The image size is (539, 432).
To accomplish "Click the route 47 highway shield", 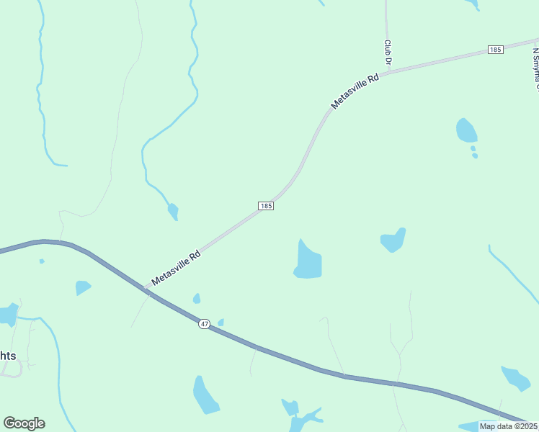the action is (205, 324).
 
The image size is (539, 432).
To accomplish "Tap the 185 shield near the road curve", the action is (265, 205).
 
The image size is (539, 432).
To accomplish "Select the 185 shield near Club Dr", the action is (494, 49).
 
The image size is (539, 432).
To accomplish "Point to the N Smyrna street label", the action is (535, 68).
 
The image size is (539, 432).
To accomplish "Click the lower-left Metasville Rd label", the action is (176, 268).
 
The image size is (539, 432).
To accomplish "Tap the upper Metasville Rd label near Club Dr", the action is (355, 91).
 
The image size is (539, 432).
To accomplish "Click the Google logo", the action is (24, 423).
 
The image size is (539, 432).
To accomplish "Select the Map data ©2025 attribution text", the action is (508, 426).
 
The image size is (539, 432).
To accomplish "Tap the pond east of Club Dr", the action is (466, 130).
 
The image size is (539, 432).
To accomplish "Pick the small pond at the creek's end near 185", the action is (173, 212).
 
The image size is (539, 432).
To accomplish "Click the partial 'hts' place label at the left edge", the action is (8, 355).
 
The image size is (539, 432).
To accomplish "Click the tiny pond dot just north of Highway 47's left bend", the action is (42, 261).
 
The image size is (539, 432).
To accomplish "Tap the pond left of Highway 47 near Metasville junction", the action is (83, 287).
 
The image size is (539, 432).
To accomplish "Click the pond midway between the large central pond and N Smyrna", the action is (393, 240).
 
